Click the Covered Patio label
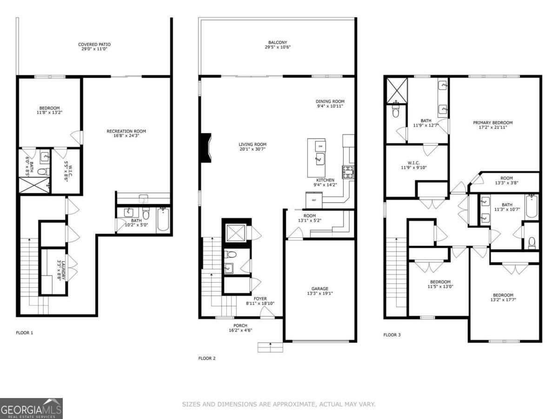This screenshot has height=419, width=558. tap(94, 45)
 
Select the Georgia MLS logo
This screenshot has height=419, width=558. tap(31, 408)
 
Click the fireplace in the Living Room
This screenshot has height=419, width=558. tap(206, 148)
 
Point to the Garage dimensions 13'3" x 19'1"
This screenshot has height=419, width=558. tap(320, 293)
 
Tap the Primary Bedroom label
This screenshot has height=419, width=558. tap(492, 123)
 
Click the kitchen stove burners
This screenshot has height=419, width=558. tap(347, 172)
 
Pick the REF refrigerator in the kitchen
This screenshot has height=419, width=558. tap(314, 200)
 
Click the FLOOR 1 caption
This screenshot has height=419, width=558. tap(25, 333)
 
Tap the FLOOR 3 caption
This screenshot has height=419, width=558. tap(392, 335)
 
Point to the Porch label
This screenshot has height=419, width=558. tap(240, 325)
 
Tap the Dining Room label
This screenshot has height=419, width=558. tap(330, 101)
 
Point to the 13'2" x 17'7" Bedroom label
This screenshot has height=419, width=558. tap(503, 295)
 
